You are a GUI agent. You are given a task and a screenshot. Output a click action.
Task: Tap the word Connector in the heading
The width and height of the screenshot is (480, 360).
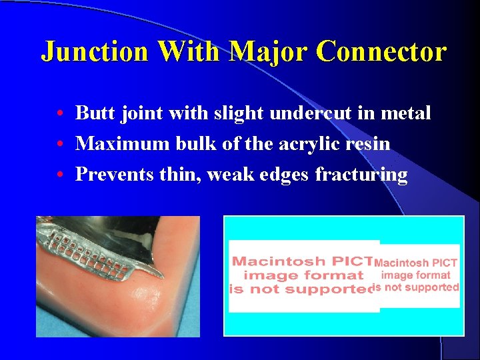pyautogui.click(x=381, y=51)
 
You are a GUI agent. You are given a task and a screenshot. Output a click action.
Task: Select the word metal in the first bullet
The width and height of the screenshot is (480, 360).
pyautogui.click(x=405, y=113)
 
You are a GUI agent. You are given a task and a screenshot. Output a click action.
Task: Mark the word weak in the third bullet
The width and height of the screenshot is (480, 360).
pyautogui.click(x=235, y=175)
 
